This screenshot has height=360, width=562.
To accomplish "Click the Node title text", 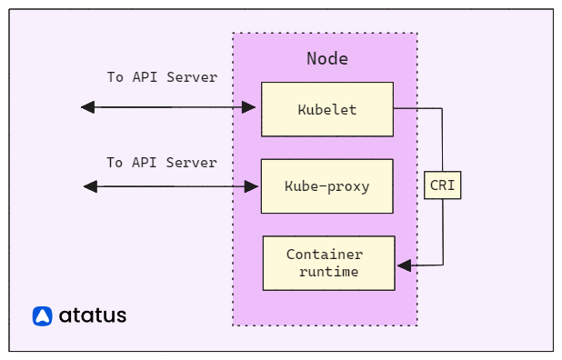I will click(x=326, y=59).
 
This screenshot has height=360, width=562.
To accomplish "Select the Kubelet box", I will click(x=327, y=109).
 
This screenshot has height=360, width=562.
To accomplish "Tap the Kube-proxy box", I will click(x=327, y=186).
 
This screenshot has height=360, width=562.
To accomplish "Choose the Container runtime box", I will click(x=328, y=263).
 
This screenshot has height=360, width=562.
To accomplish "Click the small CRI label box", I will click(x=443, y=185).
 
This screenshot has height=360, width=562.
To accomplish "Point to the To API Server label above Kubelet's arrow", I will click(x=162, y=77).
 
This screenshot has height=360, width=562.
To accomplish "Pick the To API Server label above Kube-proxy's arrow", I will click(x=162, y=163).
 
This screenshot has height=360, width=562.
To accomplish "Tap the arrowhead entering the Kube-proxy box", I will click(x=253, y=186).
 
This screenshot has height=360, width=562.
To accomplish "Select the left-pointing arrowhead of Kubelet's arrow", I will click(x=87, y=107).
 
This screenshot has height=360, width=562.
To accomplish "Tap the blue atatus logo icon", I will click(x=43, y=316).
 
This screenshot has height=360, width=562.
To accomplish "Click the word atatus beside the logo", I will click(x=93, y=316).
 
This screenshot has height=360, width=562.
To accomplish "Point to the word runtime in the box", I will click(x=328, y=271).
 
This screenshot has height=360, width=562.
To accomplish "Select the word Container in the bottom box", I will click(x=325, y=255).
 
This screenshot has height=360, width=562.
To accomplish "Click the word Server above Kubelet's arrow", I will click(x=195, y=77).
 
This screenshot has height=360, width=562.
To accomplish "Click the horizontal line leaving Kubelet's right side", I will click(x=416, y=108).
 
